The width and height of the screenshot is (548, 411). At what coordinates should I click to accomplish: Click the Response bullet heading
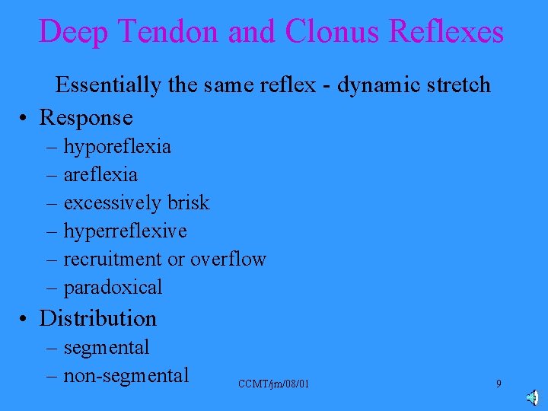86,117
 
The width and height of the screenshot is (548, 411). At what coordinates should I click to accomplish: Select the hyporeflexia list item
117,146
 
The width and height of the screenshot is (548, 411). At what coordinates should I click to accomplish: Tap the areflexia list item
100,174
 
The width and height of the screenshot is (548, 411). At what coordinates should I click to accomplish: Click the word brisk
188,202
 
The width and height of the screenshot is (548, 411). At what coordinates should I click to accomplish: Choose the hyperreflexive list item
125,231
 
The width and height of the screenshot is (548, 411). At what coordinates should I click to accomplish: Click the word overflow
228,259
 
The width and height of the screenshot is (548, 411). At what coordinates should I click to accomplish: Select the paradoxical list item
113,287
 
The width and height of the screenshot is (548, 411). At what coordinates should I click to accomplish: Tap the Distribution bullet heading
97,318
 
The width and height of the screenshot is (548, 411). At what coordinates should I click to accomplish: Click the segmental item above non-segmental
107,347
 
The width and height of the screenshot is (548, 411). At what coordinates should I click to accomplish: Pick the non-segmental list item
126,375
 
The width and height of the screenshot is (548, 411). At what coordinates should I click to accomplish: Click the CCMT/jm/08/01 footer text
273,384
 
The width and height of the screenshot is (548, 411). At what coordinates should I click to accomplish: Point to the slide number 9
499,384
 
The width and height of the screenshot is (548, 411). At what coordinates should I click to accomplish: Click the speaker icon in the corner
533,398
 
